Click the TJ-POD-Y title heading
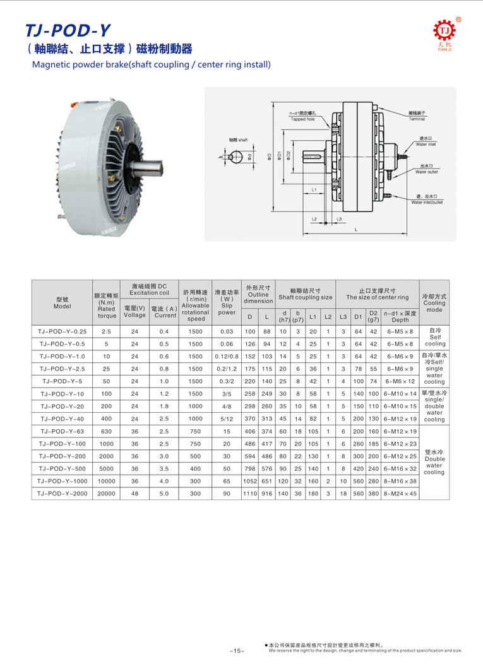pos(68,30)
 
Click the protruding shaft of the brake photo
pos(152,165)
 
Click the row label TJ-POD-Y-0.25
pos(62,331)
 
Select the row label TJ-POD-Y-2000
pos(62,492)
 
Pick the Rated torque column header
pos(106,304)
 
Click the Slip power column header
pos(226,302)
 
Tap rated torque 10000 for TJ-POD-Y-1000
pos(106,480)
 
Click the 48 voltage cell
pos(134,492)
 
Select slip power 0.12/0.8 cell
pos(226,356)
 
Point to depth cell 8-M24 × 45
pos(400,492)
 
